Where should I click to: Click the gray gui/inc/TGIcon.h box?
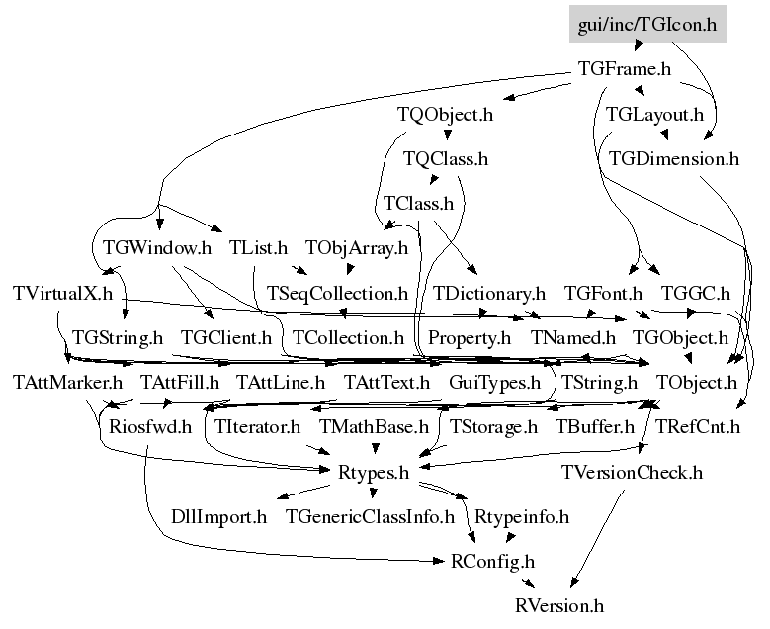point(647,24)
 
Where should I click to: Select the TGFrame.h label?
point(625,69)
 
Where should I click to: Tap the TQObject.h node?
point(445,115)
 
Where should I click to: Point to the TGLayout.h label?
point(654,115)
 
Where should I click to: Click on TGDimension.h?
point(674,158)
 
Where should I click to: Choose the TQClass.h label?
point(446,158)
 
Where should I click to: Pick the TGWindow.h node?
point(157,247)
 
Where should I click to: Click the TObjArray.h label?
point(357,248)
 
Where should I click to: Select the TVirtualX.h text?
point(63,294)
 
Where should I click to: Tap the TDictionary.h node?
point(489,294)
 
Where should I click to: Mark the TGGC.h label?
point(696,294)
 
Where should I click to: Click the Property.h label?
point(470,338)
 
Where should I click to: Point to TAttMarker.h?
point(68,383)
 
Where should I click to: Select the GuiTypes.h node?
point(494,383)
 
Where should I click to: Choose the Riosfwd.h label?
point(150,427)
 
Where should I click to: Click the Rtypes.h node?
point(374,472)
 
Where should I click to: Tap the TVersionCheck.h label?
point(632,472)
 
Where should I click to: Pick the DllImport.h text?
point(219,517)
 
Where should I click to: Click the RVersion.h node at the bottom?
point(559,606)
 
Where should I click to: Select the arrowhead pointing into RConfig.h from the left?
point(439,561)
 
